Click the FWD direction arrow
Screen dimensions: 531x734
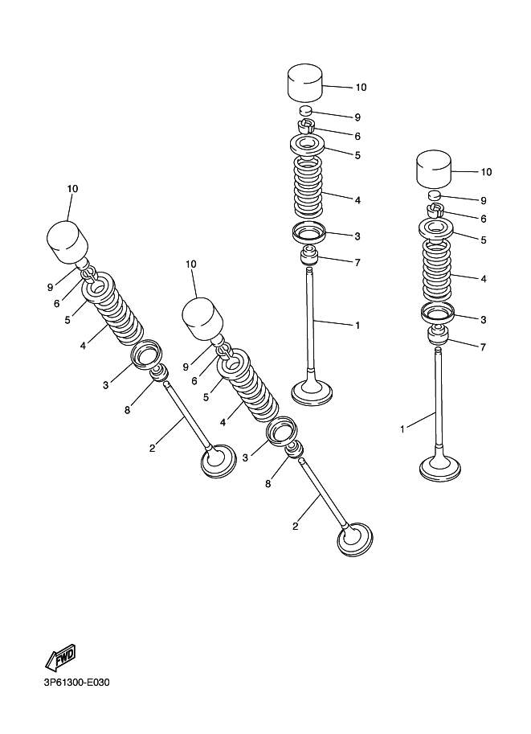click(x=60, y=657)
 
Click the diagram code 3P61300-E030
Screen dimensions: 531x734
click(x=77, y=683)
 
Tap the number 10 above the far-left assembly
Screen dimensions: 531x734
click(x=72, y=189)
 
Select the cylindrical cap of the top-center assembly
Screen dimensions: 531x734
click(x=305, y=84)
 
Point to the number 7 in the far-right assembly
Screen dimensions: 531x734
click(x=483, y=346)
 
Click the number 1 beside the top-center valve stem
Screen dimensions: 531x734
click(x=357, y=326)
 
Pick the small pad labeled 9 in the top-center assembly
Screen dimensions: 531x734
click(x=305, y=111)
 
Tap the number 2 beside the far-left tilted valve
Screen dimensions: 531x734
click(x=152, y=448)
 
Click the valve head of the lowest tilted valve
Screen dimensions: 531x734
click(x=356, y=539)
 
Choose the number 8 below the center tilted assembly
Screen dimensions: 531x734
click(x=268, y=484)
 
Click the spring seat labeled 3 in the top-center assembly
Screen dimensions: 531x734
click(x=308, y=232)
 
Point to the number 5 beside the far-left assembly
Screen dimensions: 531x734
click(x=67, y=320)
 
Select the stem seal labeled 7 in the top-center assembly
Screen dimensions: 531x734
click(x=308, y=254)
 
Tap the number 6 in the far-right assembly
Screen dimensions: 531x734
click(x=484, y=219)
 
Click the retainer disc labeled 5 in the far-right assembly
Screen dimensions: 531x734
click(x=436, y=229)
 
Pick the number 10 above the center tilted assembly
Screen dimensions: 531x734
click(x=191, y=264)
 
